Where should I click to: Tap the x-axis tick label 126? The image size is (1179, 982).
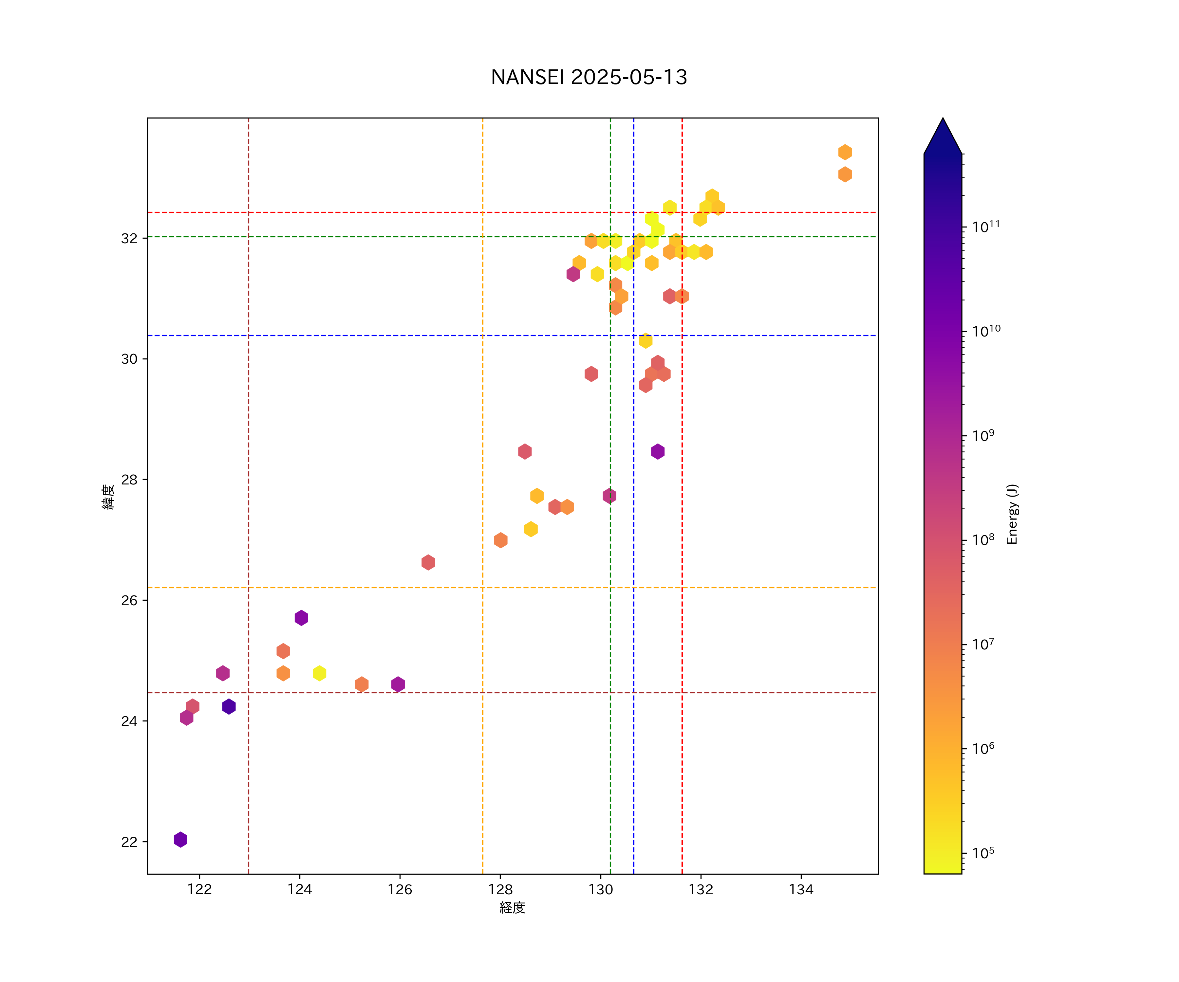click(400, 889)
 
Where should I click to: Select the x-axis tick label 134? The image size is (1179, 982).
click(801, 889)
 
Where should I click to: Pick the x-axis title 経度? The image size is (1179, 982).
click(512, 907)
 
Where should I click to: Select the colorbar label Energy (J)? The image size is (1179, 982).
click(1012, 514)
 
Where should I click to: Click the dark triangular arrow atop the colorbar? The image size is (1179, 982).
click(943, 136)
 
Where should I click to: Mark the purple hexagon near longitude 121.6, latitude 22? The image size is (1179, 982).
click(180, 840)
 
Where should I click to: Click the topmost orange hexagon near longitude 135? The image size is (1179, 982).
click(845, 152)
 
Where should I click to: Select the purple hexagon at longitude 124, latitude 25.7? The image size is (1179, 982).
click(302, 618)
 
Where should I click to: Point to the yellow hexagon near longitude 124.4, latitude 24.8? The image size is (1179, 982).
click(319, 673)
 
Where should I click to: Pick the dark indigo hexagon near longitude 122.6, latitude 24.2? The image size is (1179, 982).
click(229, 706)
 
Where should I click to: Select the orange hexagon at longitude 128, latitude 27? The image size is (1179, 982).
click(501, 540)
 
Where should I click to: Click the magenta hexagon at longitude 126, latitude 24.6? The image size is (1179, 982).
click(398, 684)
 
